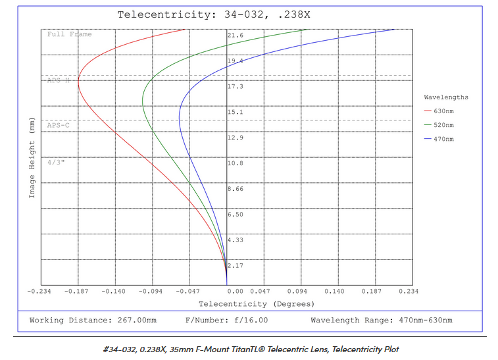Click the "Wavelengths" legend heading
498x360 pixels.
[x=446, y=97]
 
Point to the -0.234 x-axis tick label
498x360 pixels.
[x=41, y=290]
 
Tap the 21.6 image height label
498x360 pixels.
[x=235, y=35]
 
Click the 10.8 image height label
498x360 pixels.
[x=235, y=163]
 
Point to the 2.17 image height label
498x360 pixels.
[x=235, y=266]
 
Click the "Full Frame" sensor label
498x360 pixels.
[x=70, y=34]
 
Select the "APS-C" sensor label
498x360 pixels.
[x=59, y=124]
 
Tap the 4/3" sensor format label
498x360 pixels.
[x=56, y=161]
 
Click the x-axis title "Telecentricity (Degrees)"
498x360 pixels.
[x=247, y=304]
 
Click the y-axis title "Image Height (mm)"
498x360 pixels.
[x=32, y=160]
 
